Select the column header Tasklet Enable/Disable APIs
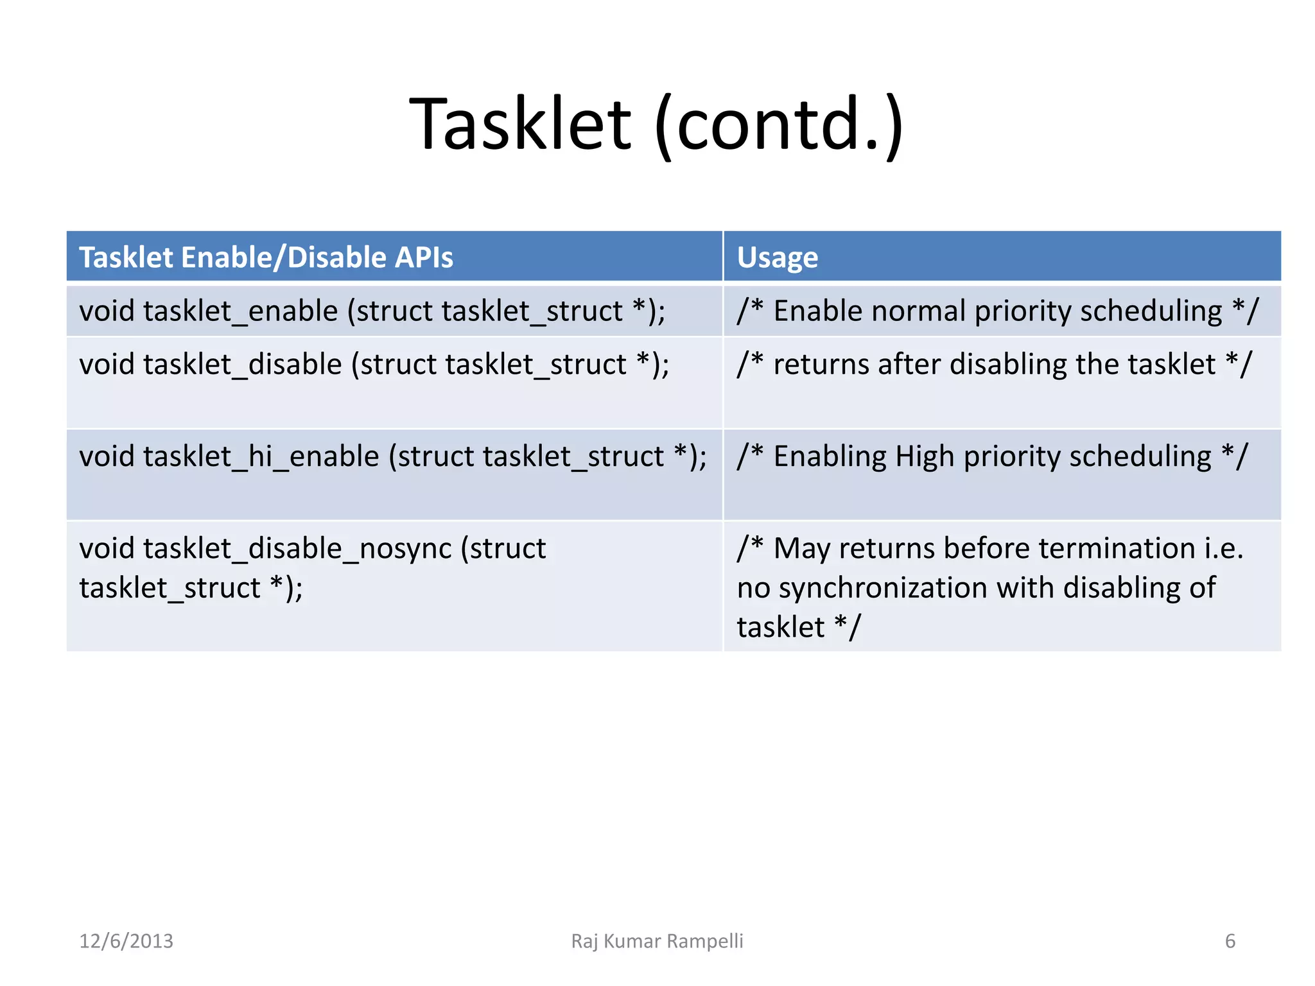pyautogui.click(x=266, y=257)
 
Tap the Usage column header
pyautogui.click(x=777, y=258)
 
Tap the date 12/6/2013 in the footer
pyautogui.click(x=126, y=941)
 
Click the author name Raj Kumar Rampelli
pyautogui.click(x=657, y=941)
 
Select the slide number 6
pyautogui.click(x=1230, y=941)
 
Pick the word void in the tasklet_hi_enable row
pyautogui.click(x=106, y=457)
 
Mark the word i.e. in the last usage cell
pyautogui.click(x=1223, y=549)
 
